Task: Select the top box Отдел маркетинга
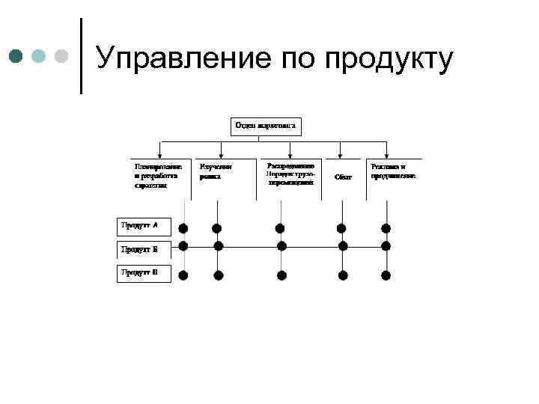coord(266,126)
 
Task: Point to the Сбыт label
coord(344,177)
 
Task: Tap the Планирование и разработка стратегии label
coord(157,175)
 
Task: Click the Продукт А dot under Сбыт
coord(341,228)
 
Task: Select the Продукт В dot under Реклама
coord(386,275)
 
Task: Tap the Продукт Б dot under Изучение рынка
coord(218,245)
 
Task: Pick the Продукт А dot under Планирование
coord(183,228)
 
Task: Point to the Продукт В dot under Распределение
coord(281,275)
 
